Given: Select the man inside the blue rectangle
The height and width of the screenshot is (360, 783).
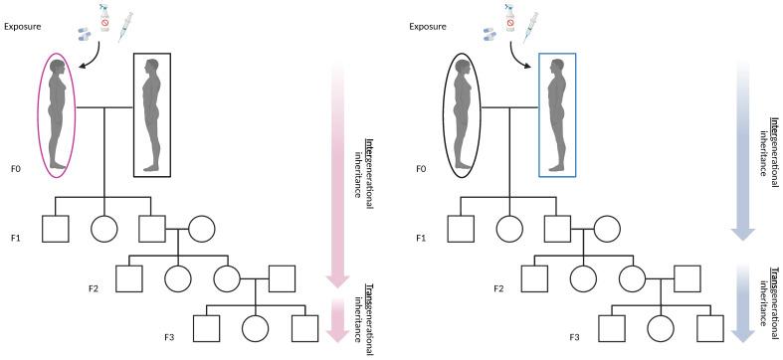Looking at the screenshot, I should tap(558, 114).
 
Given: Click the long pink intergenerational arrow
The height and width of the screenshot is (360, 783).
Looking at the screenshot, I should tap(341, 169).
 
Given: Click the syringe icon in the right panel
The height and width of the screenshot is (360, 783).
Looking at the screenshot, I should tap(534, 23).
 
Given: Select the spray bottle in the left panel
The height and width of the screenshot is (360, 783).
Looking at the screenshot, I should tap(100, 15).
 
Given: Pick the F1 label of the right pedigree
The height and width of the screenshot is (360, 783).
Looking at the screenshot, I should tap(422, 239).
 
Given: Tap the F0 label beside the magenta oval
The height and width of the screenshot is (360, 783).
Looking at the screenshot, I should tap(16, 170).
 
